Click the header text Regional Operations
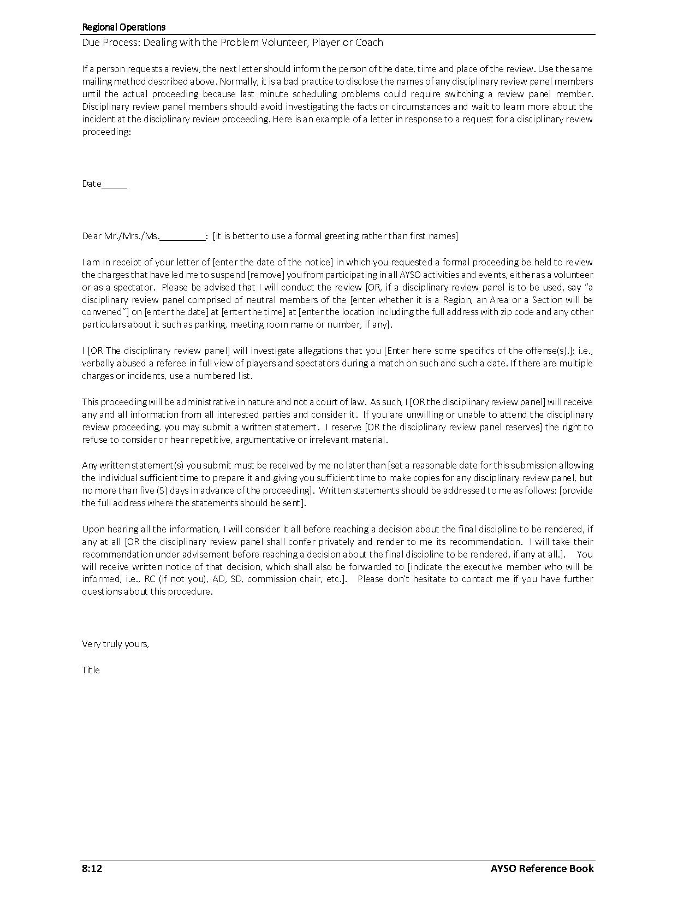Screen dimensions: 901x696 tap(123, 27)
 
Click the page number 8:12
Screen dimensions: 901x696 tap(92, 869)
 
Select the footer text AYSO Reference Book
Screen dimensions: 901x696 tap(542, 869)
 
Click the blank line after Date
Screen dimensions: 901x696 tap(114, 184)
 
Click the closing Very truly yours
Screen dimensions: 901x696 tap(115, 644)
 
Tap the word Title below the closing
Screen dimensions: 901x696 tap(91, 670)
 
